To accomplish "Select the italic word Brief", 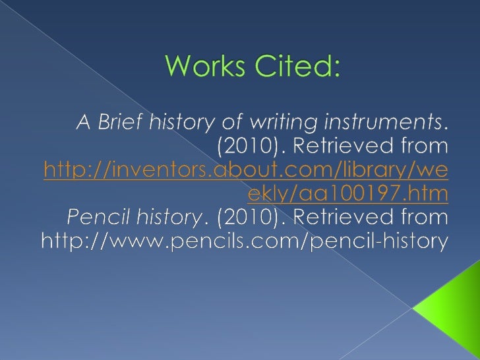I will pos(119,123).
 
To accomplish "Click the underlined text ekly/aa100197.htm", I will pos(347,194).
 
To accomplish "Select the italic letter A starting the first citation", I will pos(84,123).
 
